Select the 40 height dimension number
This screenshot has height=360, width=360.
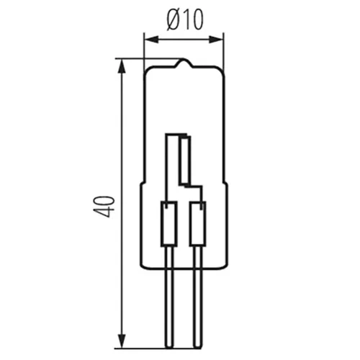[105, 204]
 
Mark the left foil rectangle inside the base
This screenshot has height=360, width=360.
[168, 224]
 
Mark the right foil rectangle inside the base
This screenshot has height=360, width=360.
[197, 224]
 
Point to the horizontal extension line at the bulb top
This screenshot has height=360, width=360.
[144, 58]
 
